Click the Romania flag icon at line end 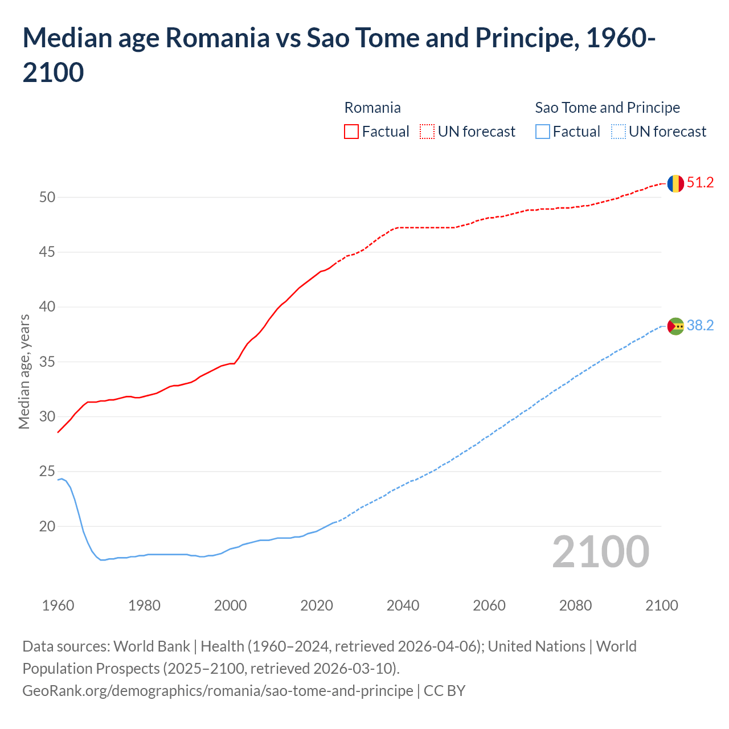pos(675,183)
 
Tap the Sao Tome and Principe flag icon pos(675,326)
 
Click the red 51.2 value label pos(700,183)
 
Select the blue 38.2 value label pos(700,325)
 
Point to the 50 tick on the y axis pos(47,197)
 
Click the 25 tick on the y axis pos(47,472)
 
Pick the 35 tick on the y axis pos(47,362)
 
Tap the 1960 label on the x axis pos(58,605)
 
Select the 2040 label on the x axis pos(403,605)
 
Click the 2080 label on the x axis pos(575,605)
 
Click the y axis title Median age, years pos(24,371)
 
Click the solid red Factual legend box pos(351,132)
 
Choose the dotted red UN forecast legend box pos(427,132)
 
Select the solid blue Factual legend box pos(543,132)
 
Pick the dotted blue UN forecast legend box pos(619,132)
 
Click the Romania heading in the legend pos(372,108)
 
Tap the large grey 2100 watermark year pos(601,552)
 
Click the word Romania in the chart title pos(217,38)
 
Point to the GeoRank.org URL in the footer pos(218,691)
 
